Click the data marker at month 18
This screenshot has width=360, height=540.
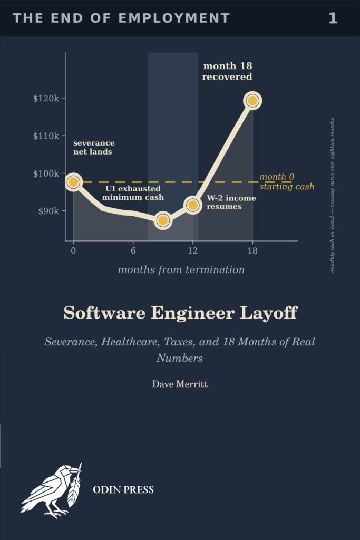pyautogui.click(x=252, y=101)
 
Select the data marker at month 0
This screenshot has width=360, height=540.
pyautogui.click(x=73, y=182)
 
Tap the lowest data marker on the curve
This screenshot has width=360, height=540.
pyautogui.click(x=163, y=220)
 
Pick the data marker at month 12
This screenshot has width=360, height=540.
pyautogui.click(x=193, y=205)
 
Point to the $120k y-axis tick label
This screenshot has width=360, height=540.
pyautogui.click(x=46, y=99)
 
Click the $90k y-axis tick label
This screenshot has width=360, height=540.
pyautogui.click(x=48, y=211)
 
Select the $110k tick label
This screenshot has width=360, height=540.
pyautogui.click(x=46, y=136)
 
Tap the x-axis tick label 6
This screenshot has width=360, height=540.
pyautogui.click(x=133, y=250)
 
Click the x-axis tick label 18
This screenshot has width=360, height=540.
pyautogui.click(x=252, y=250)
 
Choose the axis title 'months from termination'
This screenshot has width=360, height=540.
pyautogui.click(x=181, y=269)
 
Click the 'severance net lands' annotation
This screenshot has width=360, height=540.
pyautogui.click(x=94, y=147)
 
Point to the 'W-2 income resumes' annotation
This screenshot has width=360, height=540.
pyautogui.click(x=231, y=202)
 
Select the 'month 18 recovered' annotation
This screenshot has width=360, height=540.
pyautogui.click(x=227, y=71)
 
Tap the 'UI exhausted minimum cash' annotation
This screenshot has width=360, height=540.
pyautogui.click(x=133, y=193)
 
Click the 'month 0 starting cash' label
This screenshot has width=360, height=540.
pyautogui.click(x=287, y=181)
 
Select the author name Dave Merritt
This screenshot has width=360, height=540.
pyautogui.click(x=180, y=384)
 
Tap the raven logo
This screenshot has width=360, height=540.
pyautogui.click(x=52, y=490)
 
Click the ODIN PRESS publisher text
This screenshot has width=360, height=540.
pyautogui.click(x=123, y=490)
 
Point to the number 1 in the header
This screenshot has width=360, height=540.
pyautogui.click(x=333, y=18)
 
